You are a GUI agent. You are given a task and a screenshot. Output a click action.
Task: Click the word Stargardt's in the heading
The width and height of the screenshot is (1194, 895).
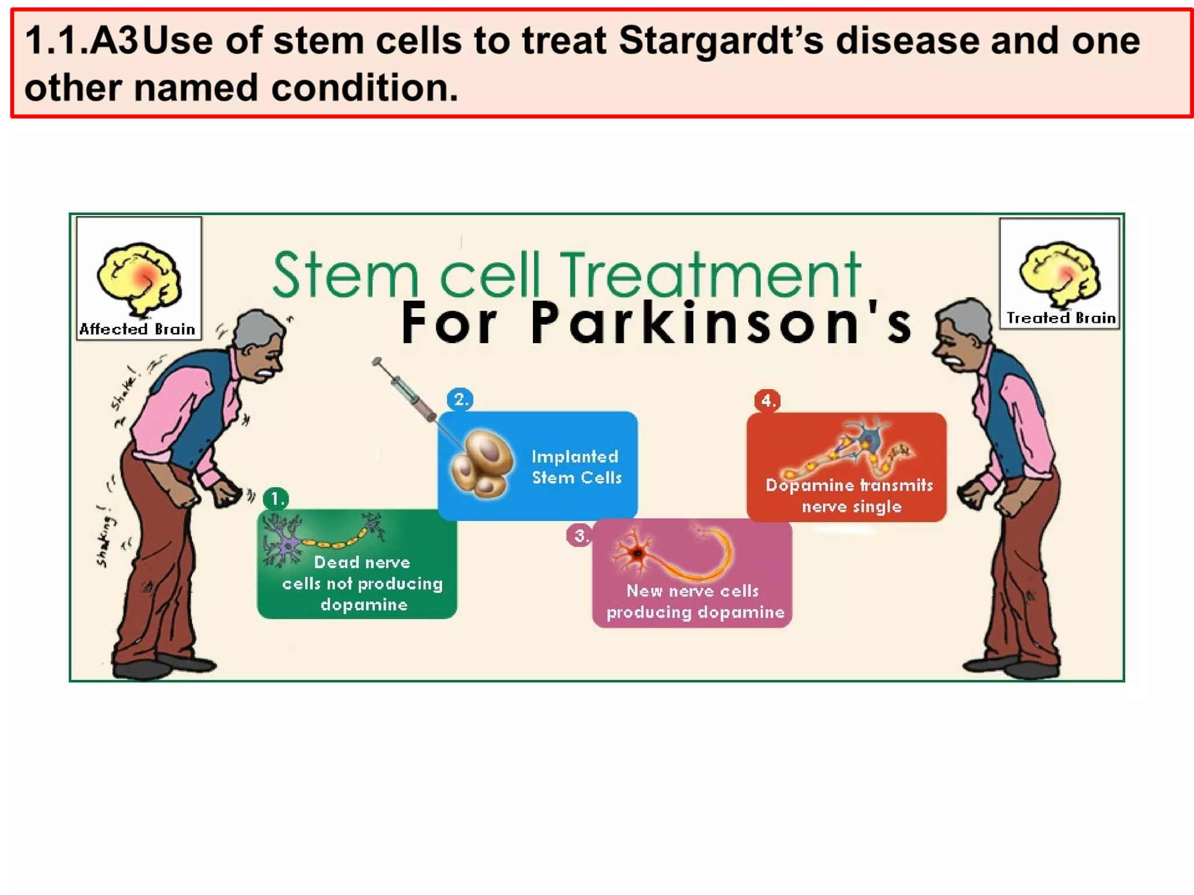(721, 41)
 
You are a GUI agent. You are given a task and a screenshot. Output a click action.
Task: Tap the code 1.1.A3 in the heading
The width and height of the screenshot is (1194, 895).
(82, 41)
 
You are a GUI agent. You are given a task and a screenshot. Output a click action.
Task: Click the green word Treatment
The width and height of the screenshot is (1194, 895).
(709, 274)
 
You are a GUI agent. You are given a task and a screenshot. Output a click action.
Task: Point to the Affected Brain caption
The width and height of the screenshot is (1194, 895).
(138, 329)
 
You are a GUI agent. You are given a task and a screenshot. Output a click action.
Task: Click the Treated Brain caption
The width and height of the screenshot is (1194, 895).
(1060, 318)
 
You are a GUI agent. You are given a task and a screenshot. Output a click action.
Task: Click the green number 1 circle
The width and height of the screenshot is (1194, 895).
(276, 499)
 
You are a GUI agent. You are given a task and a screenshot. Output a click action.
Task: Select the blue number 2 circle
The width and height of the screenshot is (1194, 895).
(460, 400)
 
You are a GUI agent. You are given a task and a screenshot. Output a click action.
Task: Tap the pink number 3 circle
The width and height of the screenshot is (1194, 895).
(579, 535)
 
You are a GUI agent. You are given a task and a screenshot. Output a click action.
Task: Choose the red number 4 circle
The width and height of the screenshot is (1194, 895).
(767, 401)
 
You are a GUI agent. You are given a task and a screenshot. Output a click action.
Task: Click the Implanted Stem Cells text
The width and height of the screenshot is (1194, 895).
(576, 467)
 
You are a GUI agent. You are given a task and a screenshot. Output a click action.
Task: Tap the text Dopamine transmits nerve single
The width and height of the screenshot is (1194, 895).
(850, 495)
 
